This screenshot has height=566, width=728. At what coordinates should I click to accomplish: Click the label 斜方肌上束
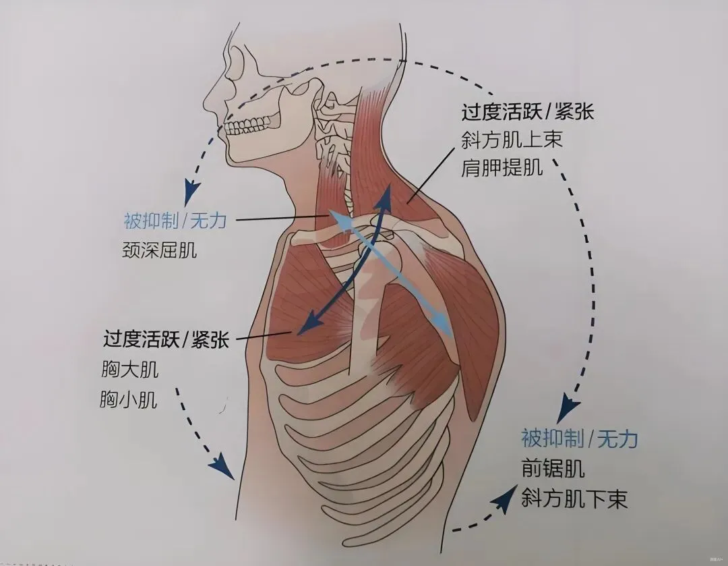(512, 140)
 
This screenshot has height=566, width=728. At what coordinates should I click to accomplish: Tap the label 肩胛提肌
(502, 169)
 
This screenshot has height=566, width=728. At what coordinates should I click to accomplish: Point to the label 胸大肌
(129, 370)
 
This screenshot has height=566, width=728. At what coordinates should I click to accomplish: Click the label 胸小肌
(129, 400)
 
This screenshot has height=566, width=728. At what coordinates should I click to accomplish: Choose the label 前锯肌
(553, 468)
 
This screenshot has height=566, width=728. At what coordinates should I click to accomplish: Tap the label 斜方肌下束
(574, 499)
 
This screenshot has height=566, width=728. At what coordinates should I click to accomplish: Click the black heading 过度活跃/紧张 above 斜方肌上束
(527, 111)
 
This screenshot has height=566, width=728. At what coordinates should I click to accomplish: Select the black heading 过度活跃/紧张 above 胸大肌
(166, 339)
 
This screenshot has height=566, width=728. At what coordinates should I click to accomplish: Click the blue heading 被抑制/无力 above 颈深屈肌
(175, 220)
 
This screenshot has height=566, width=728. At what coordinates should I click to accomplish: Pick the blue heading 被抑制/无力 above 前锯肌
(579, 438)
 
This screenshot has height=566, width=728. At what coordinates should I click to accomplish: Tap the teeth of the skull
(251, 124)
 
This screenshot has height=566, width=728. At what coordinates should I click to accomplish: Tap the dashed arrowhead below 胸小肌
(219, 464)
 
